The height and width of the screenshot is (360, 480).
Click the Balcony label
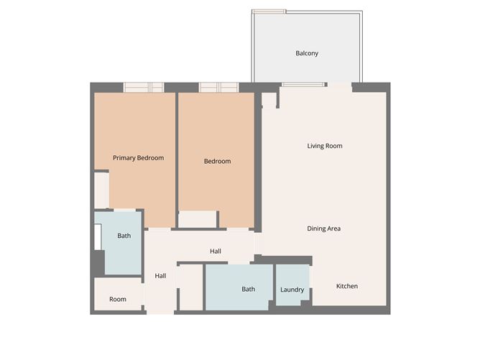point(307,53)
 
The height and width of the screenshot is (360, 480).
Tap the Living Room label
point(325,146)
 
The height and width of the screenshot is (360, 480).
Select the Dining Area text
point(323,229)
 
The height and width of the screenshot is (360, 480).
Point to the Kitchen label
point(347,286)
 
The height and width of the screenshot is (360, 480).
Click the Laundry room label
point(292,290)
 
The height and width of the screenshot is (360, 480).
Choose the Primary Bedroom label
point(139,158)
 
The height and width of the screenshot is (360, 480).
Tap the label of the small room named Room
point(118,299)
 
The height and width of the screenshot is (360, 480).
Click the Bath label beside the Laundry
point(248,290)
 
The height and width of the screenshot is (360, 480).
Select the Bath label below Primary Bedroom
point(124,236)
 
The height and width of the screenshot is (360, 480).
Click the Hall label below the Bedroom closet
point(216,251)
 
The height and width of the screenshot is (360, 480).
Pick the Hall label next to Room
point(160,276)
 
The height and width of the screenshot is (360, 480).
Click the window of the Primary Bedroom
point(144,88)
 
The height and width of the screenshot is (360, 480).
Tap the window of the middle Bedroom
point(218,88)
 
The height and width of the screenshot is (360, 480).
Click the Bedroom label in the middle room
point(217,162)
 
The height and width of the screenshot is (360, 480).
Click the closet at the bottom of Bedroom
point(198,219)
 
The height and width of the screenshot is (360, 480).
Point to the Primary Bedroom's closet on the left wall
point(101,190)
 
